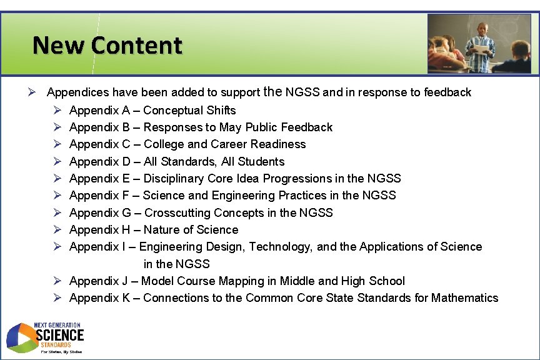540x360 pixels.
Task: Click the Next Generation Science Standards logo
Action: click(x=45, y=338)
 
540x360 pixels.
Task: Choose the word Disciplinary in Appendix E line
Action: click(x=172, y=179)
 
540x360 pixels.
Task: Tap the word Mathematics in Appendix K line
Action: click(x=464, y=298)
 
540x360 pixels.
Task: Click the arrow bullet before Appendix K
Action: click(x=57, y=298)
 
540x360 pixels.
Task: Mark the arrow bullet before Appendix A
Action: click(x=57, y=111)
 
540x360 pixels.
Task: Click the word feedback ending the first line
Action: click(x=447, y=92)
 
